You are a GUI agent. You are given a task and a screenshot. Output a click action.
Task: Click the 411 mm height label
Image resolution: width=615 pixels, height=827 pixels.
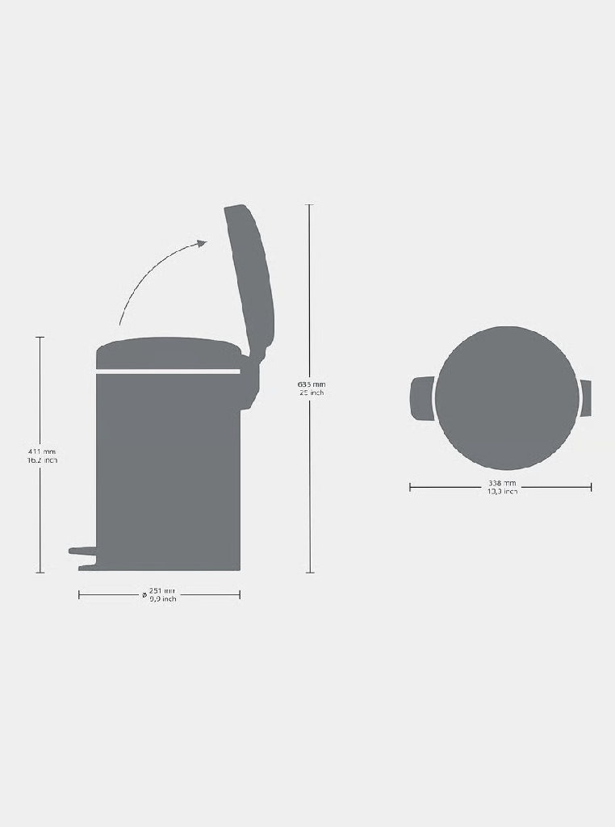[x=41, y=451]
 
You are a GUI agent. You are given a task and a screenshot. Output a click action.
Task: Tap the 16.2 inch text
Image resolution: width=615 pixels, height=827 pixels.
[x=41, y=460]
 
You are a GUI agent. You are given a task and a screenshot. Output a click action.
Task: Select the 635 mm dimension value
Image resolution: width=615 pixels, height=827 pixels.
[x=311, y=384]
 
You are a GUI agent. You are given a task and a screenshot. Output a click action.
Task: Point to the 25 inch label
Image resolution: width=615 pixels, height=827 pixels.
[x=311, y=393]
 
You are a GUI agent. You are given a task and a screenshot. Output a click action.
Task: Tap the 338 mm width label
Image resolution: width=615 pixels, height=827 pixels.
[x=502, y=483]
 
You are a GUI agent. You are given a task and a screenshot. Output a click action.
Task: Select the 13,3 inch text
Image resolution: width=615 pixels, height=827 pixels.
[x=502, y=492]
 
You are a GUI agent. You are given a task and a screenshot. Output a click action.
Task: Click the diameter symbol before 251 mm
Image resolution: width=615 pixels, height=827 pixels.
[x=144, y=594]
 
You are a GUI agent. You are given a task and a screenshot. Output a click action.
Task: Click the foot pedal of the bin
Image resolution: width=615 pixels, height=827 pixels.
[x=82, y=551]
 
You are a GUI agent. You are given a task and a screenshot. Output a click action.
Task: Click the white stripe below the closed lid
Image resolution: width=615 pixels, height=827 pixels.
[x=168, y=372]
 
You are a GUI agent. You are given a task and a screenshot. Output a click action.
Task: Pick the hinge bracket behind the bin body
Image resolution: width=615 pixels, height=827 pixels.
[x=249, y=384]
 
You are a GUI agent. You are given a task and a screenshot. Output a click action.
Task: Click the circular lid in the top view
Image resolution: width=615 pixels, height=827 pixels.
[x=506, y=397]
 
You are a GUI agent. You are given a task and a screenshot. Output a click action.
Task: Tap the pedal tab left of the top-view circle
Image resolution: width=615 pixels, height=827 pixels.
[x=422, y=398]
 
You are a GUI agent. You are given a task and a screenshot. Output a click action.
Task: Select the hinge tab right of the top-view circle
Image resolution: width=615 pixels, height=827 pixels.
[x=586, y=398]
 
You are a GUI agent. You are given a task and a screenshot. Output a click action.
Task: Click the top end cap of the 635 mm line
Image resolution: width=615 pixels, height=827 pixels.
[x=309, y=205]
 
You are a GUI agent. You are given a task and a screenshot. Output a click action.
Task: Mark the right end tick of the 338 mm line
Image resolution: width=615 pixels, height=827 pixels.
[x=591, y=487]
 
